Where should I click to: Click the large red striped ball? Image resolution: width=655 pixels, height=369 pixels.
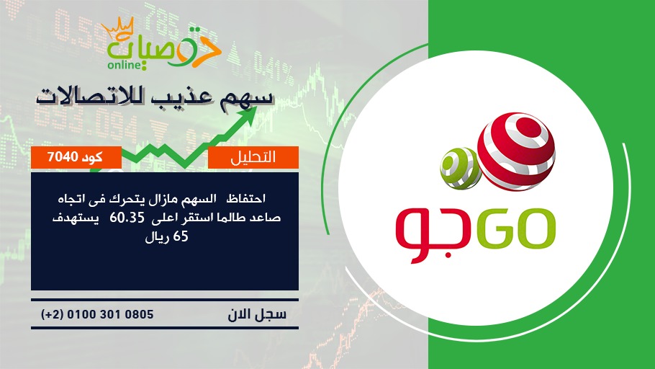[x=516, y=151]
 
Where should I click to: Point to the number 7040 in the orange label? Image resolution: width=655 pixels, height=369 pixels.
[x=63, y=157]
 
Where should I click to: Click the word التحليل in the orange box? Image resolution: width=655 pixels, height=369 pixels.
[x=253, y=157]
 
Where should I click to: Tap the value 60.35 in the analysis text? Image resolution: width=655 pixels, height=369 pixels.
[x=127, y=218]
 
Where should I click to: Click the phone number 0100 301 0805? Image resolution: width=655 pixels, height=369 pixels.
[x=110, y=314]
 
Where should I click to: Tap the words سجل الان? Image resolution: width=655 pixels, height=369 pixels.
[x=257, y=314]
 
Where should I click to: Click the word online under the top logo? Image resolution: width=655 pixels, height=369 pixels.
[x=124, y=65]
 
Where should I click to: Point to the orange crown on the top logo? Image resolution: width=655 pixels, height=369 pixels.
[x=118, y=27]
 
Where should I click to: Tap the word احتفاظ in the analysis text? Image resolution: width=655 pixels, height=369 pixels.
[x=245, y=198]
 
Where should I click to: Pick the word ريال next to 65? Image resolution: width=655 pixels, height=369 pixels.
[x=158, y=238]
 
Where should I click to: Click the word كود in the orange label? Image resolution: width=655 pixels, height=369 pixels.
[x=92, y=157]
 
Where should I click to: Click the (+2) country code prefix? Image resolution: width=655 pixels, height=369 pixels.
[x=52, y=314]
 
